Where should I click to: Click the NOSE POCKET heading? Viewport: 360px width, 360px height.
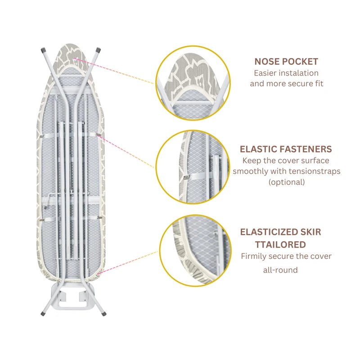286,62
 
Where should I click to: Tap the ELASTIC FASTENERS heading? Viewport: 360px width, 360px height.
286,149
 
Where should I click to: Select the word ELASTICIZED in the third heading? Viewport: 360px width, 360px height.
268,232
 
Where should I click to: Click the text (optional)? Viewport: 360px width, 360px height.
286,182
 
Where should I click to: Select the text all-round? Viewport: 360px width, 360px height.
280,270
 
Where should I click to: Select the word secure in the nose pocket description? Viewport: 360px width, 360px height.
299,84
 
